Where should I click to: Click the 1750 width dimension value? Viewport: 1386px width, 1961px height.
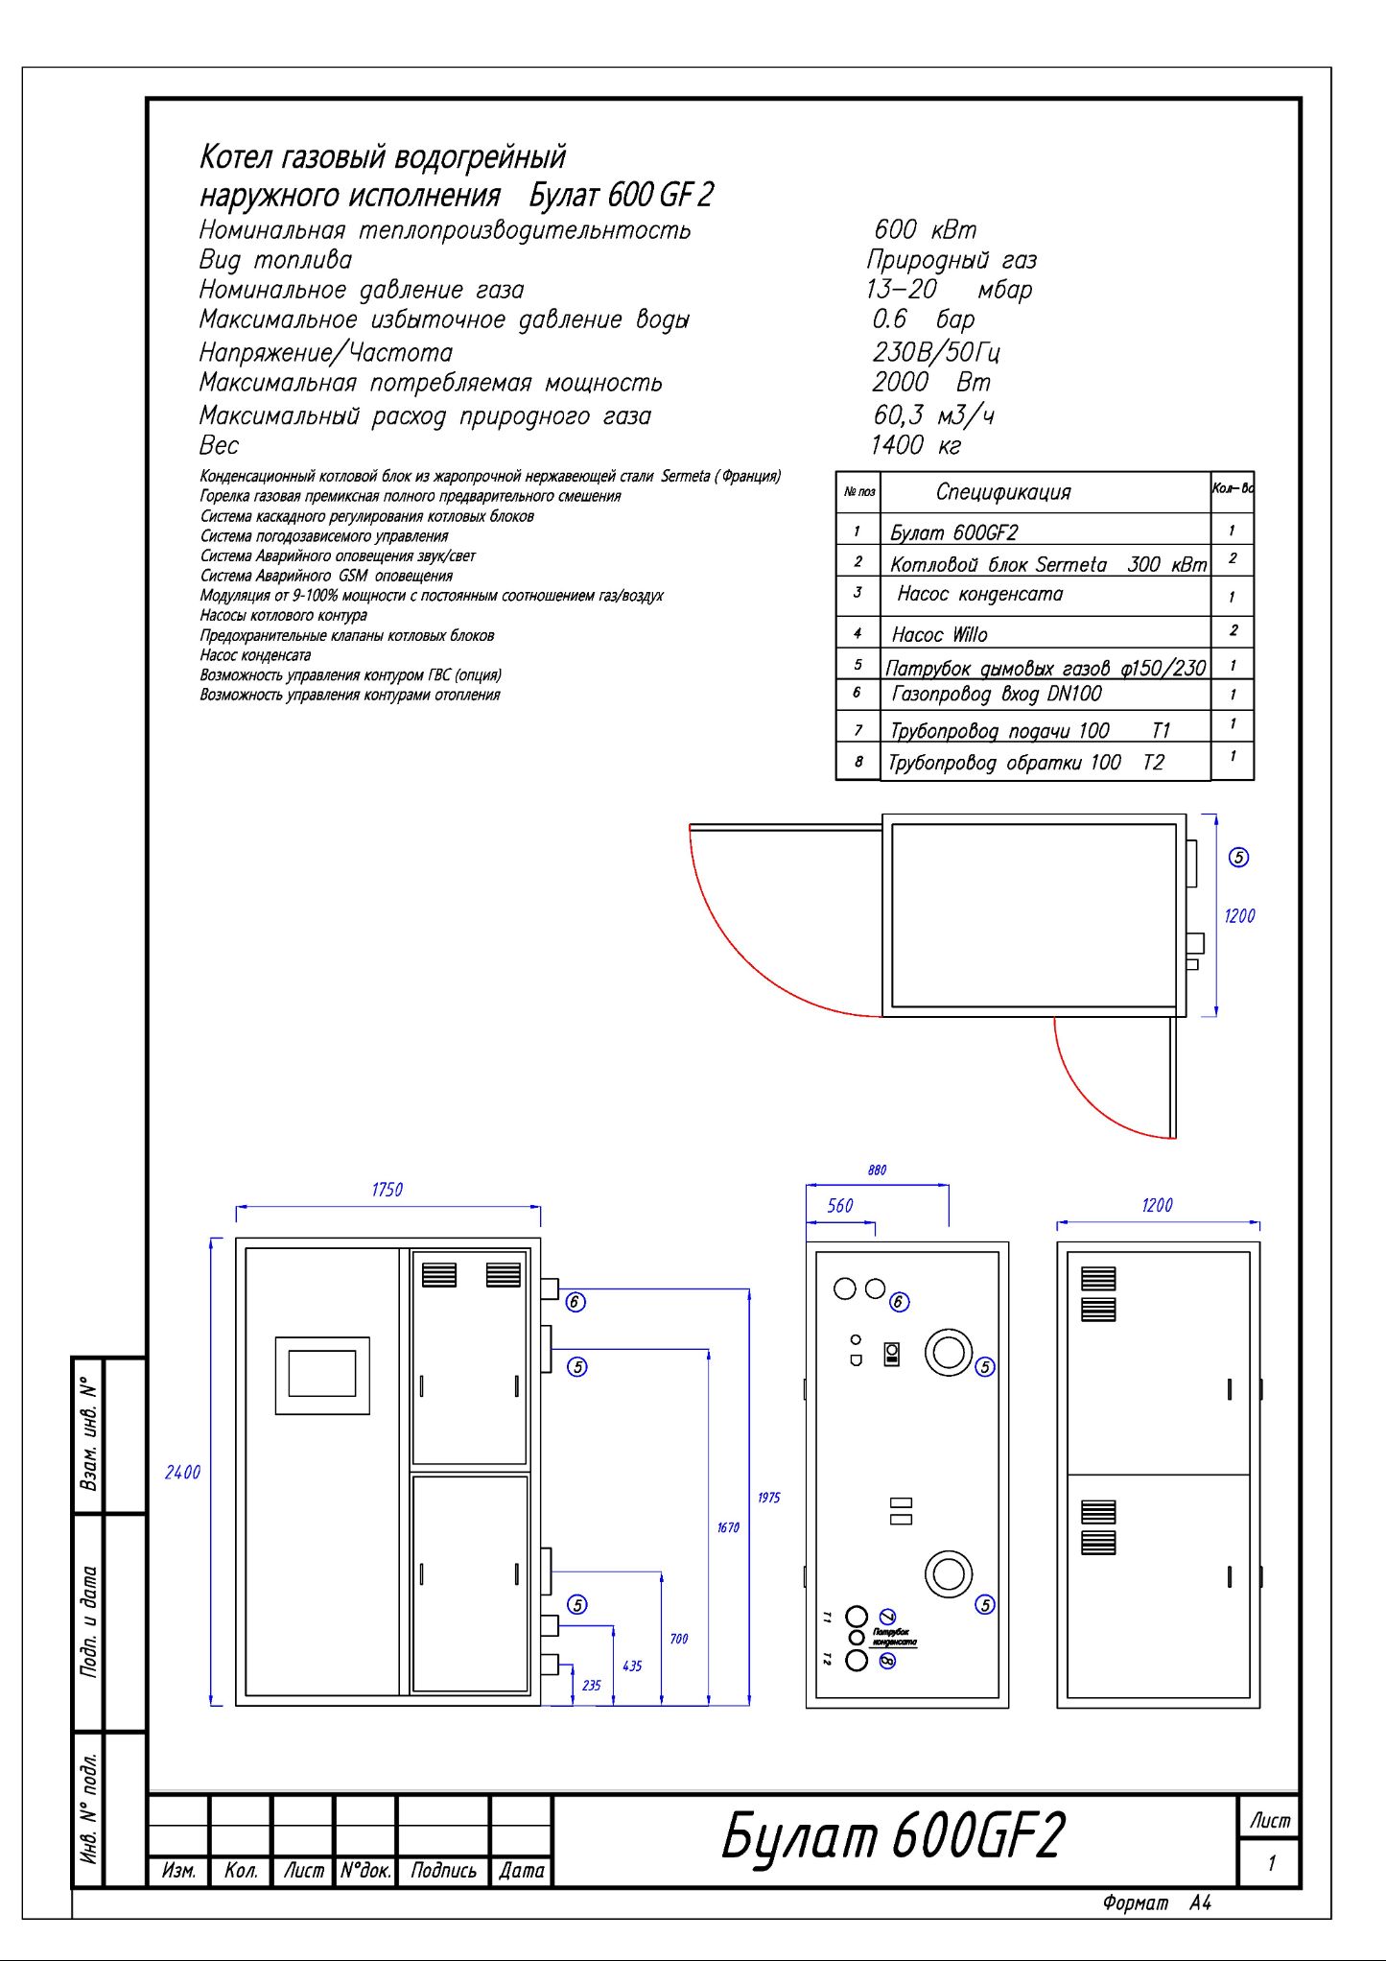coord(387,1190)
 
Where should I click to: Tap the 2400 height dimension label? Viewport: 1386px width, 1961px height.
coord(182,1472)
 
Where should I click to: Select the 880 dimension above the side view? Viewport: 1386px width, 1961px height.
coord(877,1170)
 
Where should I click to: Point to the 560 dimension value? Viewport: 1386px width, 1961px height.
coord(839,1206)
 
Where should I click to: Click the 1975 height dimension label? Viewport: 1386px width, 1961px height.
coord(768,1497)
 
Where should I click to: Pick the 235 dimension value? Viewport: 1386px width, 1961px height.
coord(591,1685)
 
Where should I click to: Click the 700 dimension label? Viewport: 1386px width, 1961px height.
coord(678,1639)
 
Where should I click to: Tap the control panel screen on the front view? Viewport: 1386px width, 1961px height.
coord(322,1374)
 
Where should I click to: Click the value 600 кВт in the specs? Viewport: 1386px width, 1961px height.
coord(925,230)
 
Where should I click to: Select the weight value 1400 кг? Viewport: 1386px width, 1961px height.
coord(915,445)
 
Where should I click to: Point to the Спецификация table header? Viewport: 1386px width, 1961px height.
coord(1002,492)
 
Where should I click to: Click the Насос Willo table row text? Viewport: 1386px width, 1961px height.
coord(939,634)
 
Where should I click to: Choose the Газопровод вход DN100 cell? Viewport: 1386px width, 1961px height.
coord(997,694)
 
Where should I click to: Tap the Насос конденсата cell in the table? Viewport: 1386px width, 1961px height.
coord(979,594)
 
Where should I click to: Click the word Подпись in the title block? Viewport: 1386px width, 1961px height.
coord(443,1870)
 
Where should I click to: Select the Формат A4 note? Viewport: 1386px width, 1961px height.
coord(1157,1902)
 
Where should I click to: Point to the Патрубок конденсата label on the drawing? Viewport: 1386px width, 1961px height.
coord(894,1637)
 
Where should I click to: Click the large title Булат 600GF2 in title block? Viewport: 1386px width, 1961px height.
coord(893,1836)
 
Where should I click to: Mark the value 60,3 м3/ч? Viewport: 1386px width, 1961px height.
coord(933,415)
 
